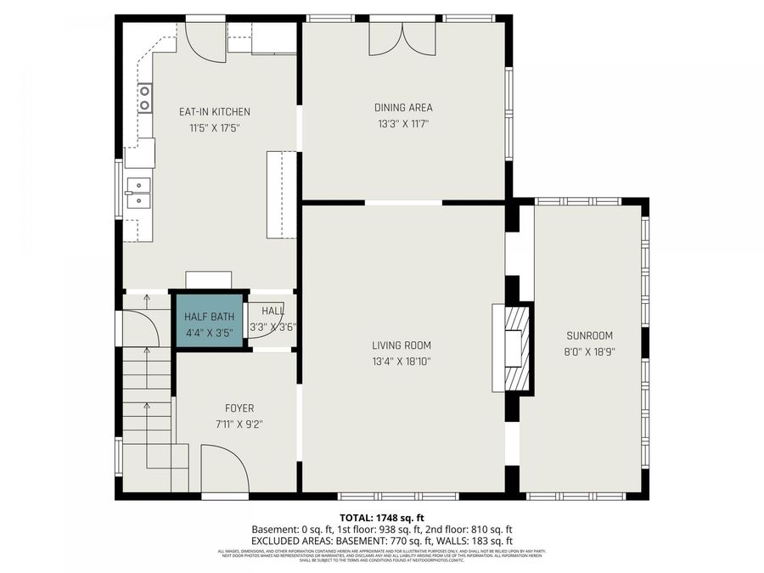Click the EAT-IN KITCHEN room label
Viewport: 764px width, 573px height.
click(214, 112)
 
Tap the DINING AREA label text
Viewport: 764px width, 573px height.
click(403, 108)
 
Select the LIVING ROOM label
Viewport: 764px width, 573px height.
click(402, 345)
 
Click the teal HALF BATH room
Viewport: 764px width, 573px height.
click(208, 323)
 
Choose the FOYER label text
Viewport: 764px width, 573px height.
click(239, 408)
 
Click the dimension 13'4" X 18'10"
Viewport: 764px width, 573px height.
click(402, 362)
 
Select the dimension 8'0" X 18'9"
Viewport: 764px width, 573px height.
click(590, 351)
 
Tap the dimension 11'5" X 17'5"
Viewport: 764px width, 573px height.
click(214, 128)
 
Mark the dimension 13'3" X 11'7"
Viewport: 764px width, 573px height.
click(403, 124)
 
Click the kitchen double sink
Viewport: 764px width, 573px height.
click(138, 194)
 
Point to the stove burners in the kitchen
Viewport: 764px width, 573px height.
click(144, 98)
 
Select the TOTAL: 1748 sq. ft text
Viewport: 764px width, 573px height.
click(381, 517)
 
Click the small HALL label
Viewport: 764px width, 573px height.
click(272, 311)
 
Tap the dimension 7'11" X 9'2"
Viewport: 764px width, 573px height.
click(239, 424)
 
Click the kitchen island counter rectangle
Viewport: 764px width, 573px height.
click(282, 194)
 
